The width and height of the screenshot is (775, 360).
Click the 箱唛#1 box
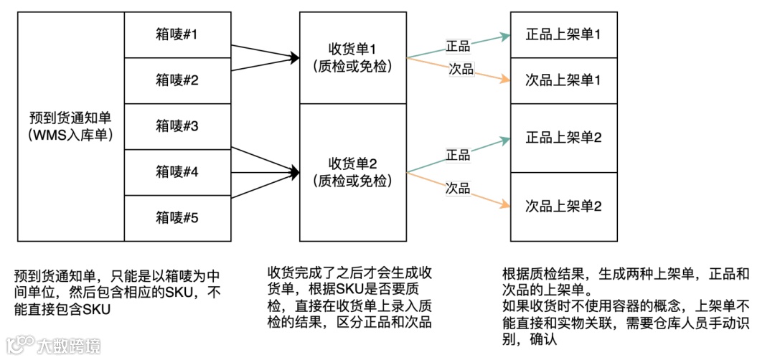pos(177,34)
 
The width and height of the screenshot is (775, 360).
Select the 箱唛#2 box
pos(177,80)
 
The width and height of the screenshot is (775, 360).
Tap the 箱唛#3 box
pos(177,126)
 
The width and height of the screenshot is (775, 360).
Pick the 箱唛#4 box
pos(177,172)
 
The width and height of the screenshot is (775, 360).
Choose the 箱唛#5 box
pos(177,217)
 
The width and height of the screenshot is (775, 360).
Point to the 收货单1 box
pos(352,57)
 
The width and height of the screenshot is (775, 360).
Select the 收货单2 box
pos(352,172)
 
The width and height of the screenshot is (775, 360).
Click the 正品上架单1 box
pos(563,34)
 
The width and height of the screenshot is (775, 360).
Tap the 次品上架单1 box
pos(563,80)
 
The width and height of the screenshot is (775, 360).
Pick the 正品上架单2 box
pos(563,137)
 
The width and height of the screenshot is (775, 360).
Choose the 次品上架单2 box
pos(563,206)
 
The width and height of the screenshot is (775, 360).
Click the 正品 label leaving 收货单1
pos(458,45)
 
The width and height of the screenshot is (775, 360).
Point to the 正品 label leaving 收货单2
pos(458,155)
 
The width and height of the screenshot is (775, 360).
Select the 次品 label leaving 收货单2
pos(458,188)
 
